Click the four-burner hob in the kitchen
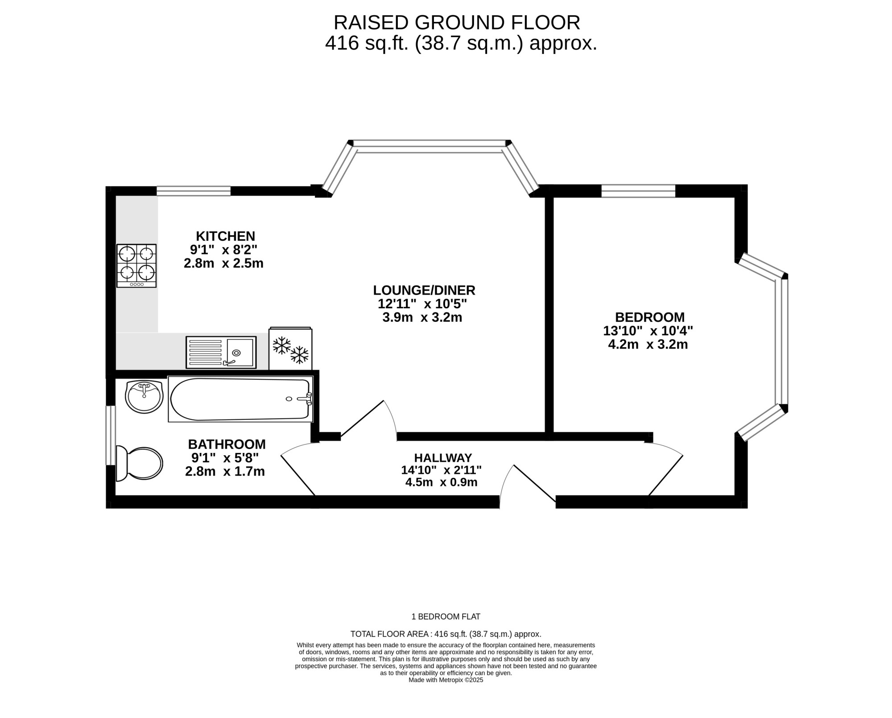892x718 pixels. click(x=136, y=266)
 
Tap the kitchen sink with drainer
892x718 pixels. click(x=221, y=352)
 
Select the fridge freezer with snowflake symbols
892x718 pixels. click(x=290, y=349)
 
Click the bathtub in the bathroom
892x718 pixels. click(x=240, y=399)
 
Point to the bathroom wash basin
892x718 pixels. click(x=144, y=397)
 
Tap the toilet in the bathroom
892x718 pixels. click(x=139, y=464)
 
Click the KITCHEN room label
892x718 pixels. click(x=226, y=236)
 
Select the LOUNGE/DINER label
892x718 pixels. click(x=424, y=291)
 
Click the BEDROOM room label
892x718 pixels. click(x=650, y=317)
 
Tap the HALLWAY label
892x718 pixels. click(x=443, y=458)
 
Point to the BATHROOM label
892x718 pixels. click(x=227, y=444)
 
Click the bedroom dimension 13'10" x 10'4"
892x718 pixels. click(x=648, y=331)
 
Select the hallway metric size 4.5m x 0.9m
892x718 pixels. click(x=442, y=482)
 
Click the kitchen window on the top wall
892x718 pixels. click(x=194, y=191)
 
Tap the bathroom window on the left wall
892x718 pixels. click(x=111, y=435)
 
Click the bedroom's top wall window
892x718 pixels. click(x=638, y=191)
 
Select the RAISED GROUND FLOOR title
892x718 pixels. click(x=457, y=23)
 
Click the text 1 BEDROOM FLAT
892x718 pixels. click(x=446, y=617)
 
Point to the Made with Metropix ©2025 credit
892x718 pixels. click(x=446, y=680)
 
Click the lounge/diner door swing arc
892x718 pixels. click(x=392, y=415)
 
